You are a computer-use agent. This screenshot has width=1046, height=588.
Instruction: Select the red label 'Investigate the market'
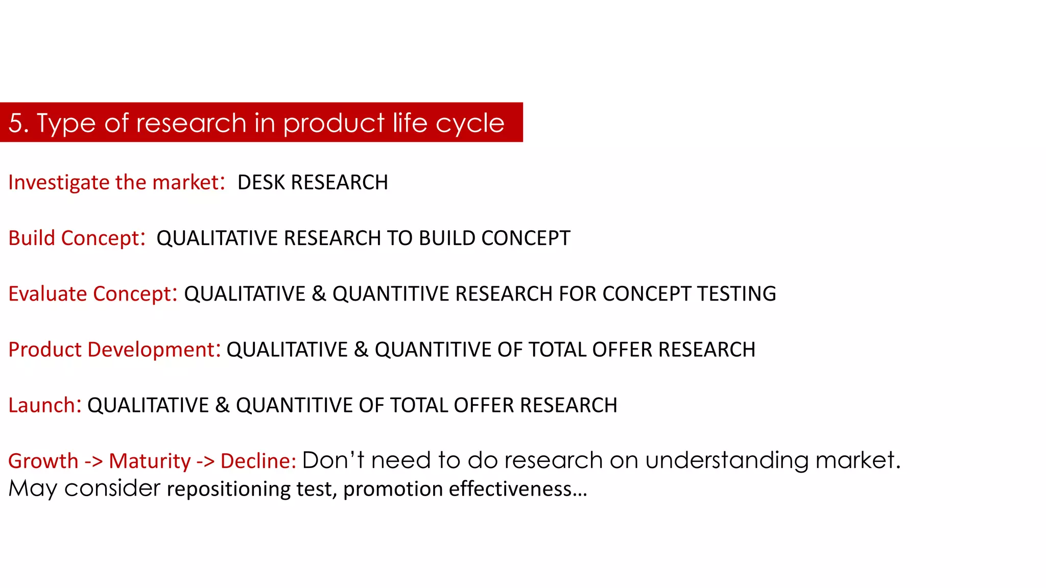113,182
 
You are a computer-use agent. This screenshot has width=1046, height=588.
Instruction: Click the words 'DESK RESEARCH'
313,182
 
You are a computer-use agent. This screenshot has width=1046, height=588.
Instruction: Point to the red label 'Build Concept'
74,238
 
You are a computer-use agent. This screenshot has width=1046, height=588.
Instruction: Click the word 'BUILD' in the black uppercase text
447,238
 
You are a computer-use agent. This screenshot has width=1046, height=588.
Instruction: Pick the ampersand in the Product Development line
361,349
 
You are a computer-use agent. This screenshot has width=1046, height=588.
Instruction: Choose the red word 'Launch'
42,405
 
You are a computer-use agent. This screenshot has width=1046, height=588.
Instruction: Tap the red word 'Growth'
43,461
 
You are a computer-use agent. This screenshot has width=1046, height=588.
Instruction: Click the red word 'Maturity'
150,461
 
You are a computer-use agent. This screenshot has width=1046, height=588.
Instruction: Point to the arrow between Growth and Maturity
93,461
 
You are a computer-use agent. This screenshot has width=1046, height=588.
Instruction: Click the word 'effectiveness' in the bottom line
510,489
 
